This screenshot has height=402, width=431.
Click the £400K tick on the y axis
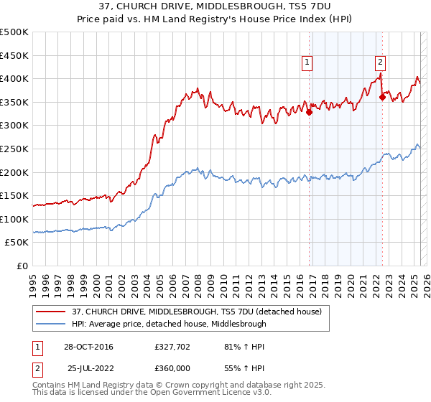coord(14,78)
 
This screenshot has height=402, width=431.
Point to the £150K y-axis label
coord(14,195)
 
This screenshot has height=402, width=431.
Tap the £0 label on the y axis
coord(23,266)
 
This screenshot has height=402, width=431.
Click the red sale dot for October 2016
coord(310,112)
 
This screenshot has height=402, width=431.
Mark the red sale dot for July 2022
coord(382,98)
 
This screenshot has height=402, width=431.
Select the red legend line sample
coord(50,312)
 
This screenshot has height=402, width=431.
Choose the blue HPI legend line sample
coord(50,324)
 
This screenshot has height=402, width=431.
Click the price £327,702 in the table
coord(171,347)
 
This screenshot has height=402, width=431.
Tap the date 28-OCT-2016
coord(88,347)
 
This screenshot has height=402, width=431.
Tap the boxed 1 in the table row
coord(37,347)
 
